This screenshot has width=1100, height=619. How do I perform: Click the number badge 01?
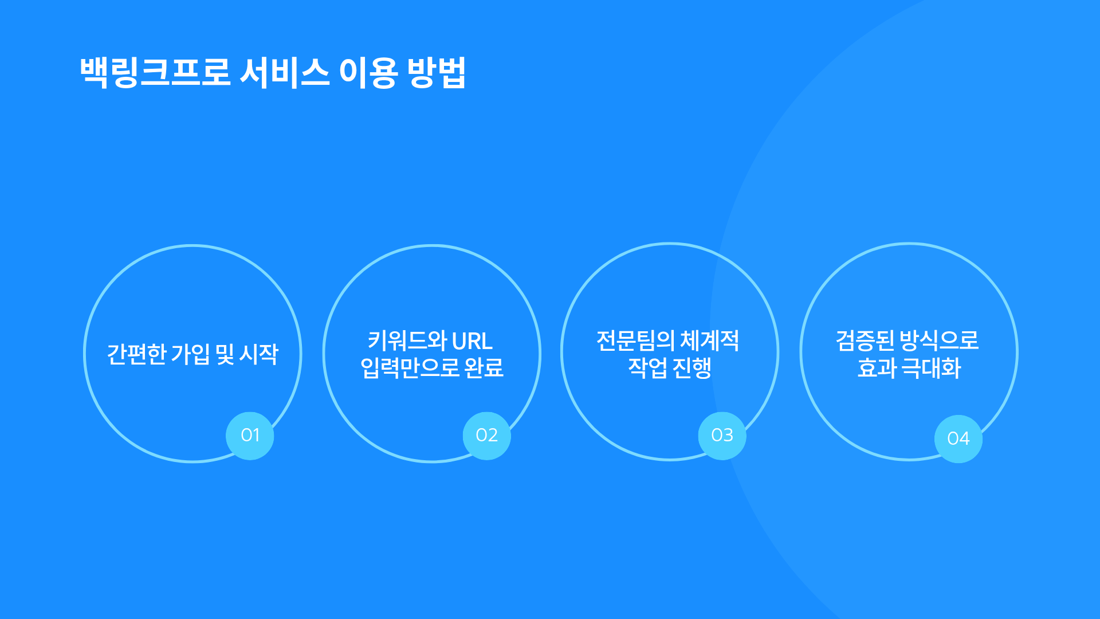pos(250,436)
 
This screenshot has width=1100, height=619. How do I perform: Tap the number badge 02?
pos(487,436)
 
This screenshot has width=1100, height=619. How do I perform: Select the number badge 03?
pos(722,436)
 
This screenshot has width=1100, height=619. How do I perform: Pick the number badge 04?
pos(958,438)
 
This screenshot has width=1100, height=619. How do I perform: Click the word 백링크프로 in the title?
pos(155,72)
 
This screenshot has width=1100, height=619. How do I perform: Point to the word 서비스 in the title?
pos(284,72)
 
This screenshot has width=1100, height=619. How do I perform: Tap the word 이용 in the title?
pos(368,73)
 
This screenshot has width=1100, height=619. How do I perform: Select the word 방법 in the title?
pos(437,72)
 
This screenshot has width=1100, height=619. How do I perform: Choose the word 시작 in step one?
pos(258,354)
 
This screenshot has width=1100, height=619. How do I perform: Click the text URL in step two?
pos(472,342)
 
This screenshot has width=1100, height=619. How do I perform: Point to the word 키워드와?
pos(407,341)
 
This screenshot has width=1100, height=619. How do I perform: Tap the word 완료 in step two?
pos(484,368)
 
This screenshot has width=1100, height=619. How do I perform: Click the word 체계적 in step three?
pos(710,341)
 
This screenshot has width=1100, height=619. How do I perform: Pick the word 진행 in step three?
pos(692,368)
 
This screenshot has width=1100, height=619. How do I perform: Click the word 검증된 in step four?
pos(865,341)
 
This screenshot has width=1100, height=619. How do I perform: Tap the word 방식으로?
pos(940,341)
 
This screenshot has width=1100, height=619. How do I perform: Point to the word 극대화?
pos(931,368)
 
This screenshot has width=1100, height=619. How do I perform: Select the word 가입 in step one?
pos(190,354)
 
